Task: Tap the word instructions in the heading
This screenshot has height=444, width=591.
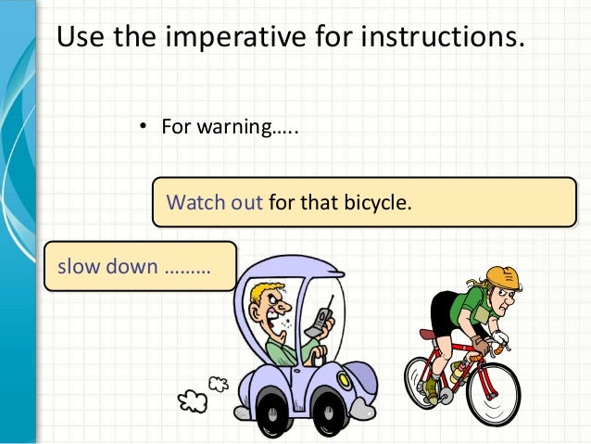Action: [x=430, y=38]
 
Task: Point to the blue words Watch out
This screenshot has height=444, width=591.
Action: [x=214, y=201]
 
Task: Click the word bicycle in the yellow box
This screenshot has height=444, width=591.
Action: [x=372, y=201]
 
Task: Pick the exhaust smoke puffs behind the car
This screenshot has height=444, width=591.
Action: [x=200, y=393]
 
